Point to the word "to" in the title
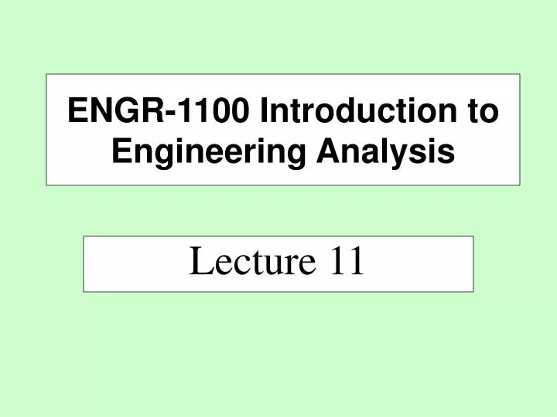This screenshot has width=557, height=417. (483, 112)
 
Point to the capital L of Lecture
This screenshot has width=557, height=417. (197, 263)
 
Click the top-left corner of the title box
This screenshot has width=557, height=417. (47, 74)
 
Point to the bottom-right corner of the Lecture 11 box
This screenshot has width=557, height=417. (473, 291)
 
